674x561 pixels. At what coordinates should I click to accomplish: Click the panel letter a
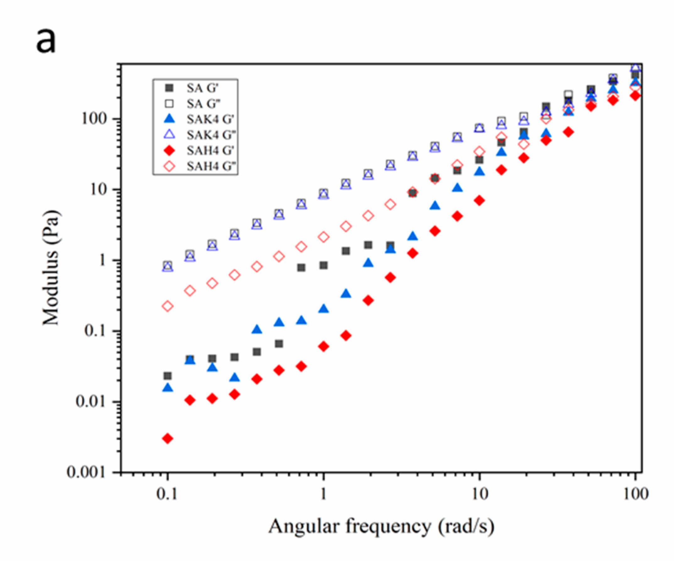(46, 41)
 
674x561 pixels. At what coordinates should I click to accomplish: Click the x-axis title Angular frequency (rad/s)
(381, 526)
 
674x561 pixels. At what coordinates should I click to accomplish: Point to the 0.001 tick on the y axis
(86, 472)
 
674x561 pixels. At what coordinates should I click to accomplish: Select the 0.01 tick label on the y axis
(90, 402)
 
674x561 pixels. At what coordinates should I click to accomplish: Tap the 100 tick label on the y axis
(94, 119)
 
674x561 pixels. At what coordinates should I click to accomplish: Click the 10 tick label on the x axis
(479, 494)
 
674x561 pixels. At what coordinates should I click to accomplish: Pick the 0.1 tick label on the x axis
(167, 494)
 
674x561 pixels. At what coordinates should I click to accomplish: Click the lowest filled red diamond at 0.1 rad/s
(167, 439)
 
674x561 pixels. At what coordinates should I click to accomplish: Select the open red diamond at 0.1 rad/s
(167, 306)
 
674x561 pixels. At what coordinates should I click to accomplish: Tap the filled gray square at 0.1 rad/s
(167, 375)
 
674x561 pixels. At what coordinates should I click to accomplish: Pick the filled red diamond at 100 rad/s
(635, 95)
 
